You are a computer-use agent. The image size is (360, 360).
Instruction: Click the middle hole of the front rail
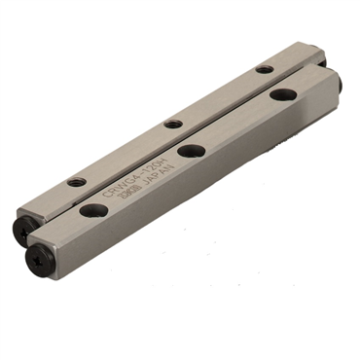[191, 151]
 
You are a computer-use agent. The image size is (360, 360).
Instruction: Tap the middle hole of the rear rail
[173, 124]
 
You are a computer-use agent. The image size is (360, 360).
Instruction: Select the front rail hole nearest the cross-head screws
[94, 209]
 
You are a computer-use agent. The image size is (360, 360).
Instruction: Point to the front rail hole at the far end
[284, 94]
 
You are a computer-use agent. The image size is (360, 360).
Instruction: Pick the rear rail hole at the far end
[265, 69]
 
